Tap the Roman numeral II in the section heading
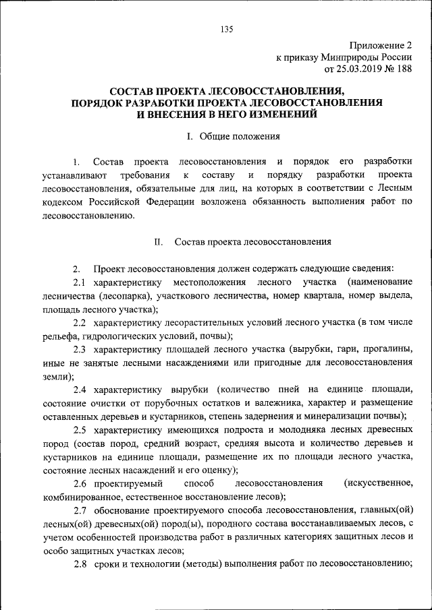click(x=159, y=241)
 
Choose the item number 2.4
click(x=80, y=391)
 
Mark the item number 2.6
click(x=80, y=483)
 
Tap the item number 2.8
click(x=80, y=563)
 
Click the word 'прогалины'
click(x=385, y=349)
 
